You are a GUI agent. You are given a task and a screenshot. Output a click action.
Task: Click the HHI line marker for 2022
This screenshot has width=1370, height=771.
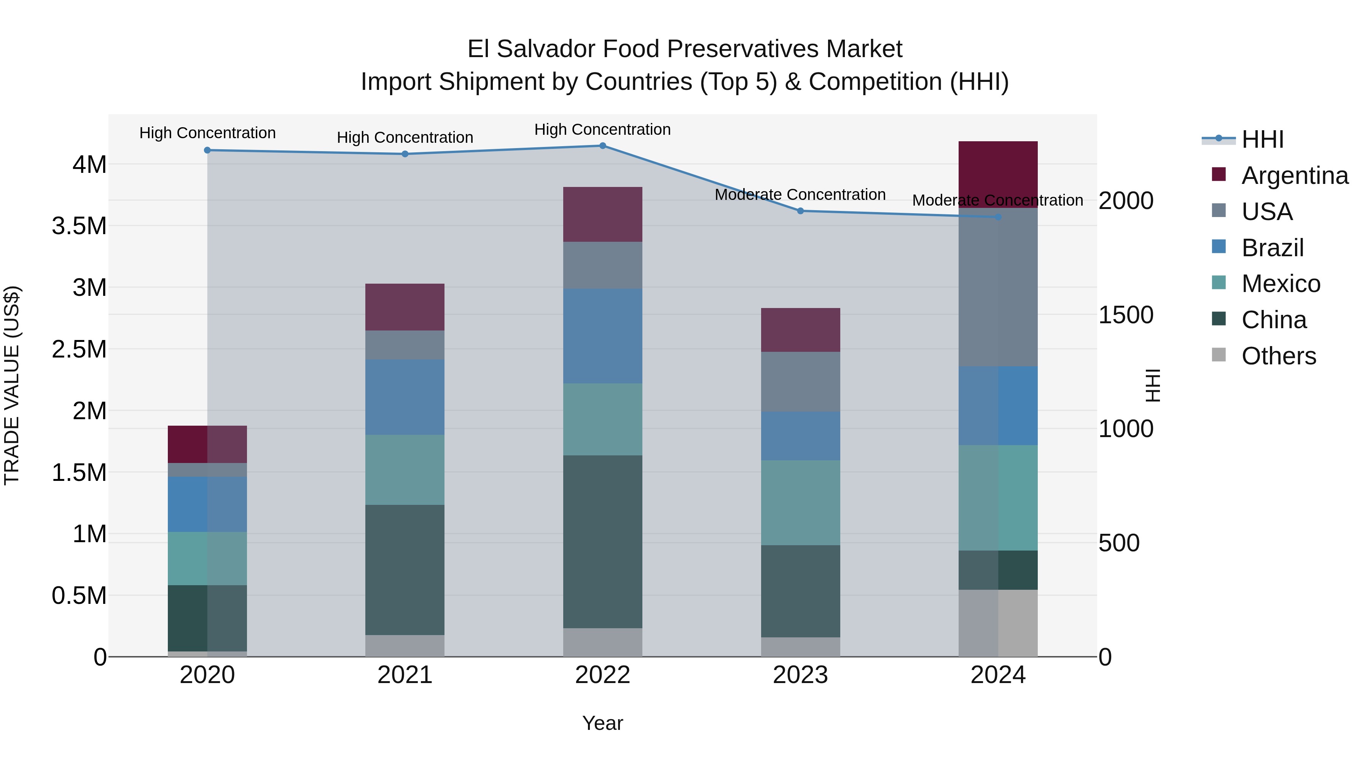pyautogui.click(x=602, y=146)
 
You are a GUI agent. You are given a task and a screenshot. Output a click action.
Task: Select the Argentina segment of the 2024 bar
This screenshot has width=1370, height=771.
pyautogui.click(x=998, y=174)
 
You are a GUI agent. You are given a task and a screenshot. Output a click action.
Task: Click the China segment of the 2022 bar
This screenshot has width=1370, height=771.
pyautogui.click(x=602, y=542)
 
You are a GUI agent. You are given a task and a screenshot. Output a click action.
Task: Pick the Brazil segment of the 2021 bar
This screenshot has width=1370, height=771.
pyautogui.click(x=405, y=397)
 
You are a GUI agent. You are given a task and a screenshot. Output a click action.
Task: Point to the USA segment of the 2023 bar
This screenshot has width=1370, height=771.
pyautogui.click(x=800, y=382)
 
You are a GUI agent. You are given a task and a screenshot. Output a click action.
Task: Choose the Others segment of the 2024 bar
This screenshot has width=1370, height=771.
pyautogui.click(x=998, y=623)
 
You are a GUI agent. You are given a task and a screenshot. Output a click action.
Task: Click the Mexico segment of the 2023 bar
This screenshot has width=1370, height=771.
pyautogui.click(x=800, y=503)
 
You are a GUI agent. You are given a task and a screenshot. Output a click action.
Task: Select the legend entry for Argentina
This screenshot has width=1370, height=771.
pyautogui.click(x=1295, y=176)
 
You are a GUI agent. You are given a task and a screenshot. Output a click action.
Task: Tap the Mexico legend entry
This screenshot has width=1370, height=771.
pyautogui.click(x=1280, y=284)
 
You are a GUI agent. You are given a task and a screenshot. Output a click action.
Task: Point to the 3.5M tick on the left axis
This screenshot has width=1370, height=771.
pyautogui.click(x=79, y=226)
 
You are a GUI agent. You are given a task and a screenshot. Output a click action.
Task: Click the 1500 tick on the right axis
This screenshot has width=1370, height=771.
pyautogui.click(x=1126, y=315)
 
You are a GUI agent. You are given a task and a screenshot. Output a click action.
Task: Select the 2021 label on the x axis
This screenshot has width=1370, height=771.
pyautogui.click(x=405, y=675)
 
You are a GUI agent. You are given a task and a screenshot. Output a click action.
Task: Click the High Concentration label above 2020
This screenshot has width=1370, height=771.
pyautogui.click(x=207, y=133)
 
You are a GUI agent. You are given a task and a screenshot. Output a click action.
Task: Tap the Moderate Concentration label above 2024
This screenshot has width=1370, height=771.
pyautogui.click(x=998, y=201)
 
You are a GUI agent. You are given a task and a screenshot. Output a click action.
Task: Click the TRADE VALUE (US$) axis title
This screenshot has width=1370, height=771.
pyautogui.click(x=12, y=385)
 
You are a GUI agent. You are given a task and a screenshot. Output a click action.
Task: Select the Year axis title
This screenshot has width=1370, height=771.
pyautogui.click(x=602, y=723)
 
